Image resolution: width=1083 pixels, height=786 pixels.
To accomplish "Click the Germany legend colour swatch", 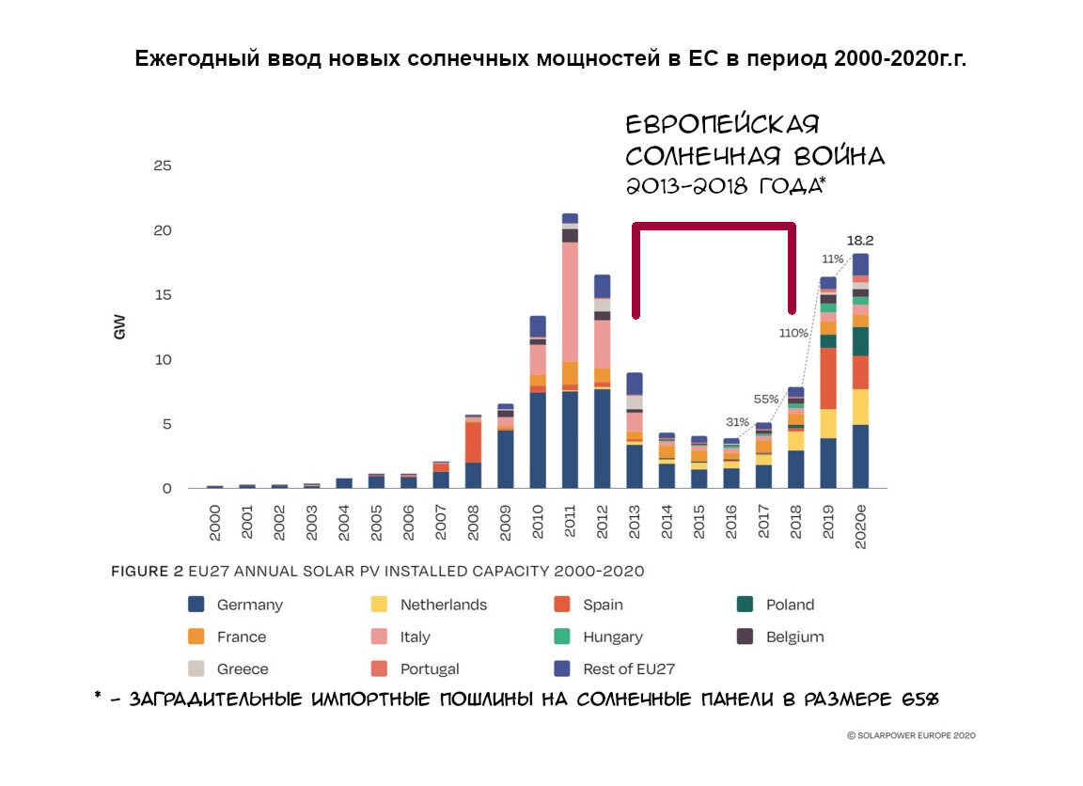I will [x=196, y=605].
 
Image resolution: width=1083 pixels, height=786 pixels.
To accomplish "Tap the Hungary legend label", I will [x=612, y=637].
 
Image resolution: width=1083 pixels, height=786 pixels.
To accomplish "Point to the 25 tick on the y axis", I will [x=162, y=166].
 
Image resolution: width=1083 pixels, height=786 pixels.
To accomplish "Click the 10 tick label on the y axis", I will [x=162, y=360].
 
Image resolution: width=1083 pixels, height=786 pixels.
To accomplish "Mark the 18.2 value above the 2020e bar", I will [x=860, y=241].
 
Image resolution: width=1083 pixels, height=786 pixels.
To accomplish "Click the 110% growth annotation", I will [x=793, y=332].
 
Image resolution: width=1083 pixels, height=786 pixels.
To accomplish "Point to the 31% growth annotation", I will [x=737, y=421].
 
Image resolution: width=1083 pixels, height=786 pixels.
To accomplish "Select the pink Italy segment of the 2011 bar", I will [x=570, y=301].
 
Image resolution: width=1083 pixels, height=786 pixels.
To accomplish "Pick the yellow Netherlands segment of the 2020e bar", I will [x=860, y=406].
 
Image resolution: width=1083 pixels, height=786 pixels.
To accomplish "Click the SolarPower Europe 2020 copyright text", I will [x=911, y=735].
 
